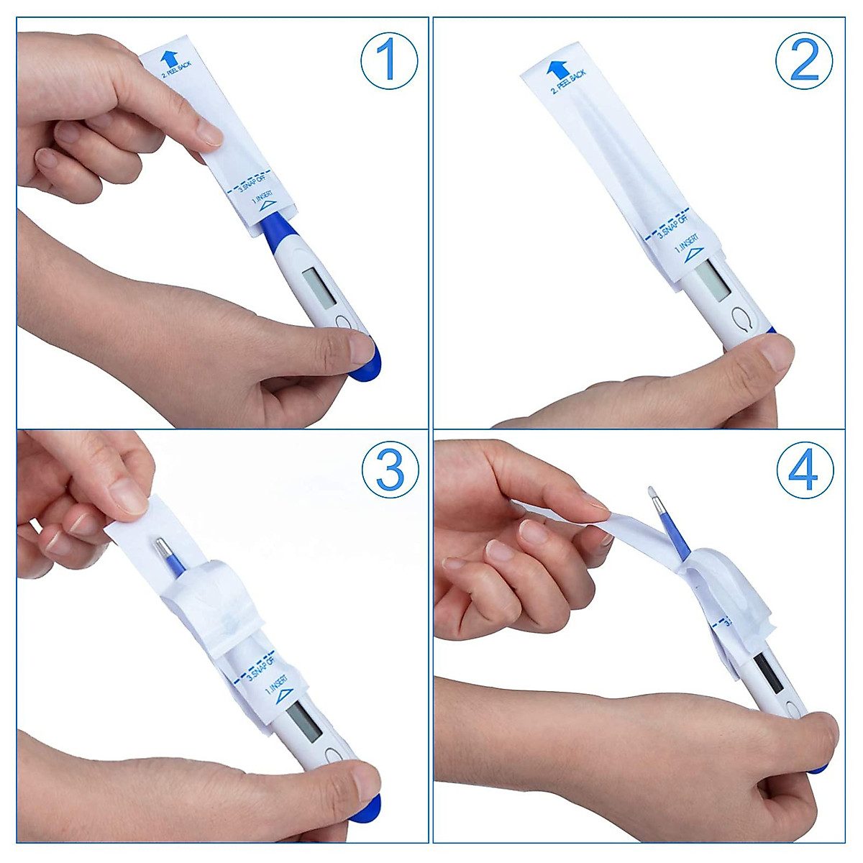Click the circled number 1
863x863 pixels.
[388, 60]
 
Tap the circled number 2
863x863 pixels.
[804, 60]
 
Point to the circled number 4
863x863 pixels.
[805, 471]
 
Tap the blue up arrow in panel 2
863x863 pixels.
[557, 70]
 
